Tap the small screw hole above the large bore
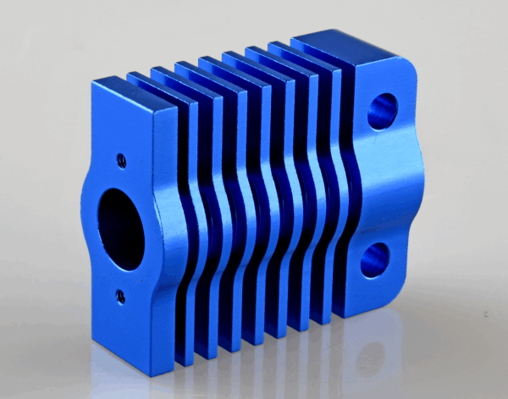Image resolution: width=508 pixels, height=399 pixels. [122, 158]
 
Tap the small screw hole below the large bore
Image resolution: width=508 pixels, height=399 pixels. [120, 295]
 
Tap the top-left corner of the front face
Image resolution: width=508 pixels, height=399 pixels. [91, 80]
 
